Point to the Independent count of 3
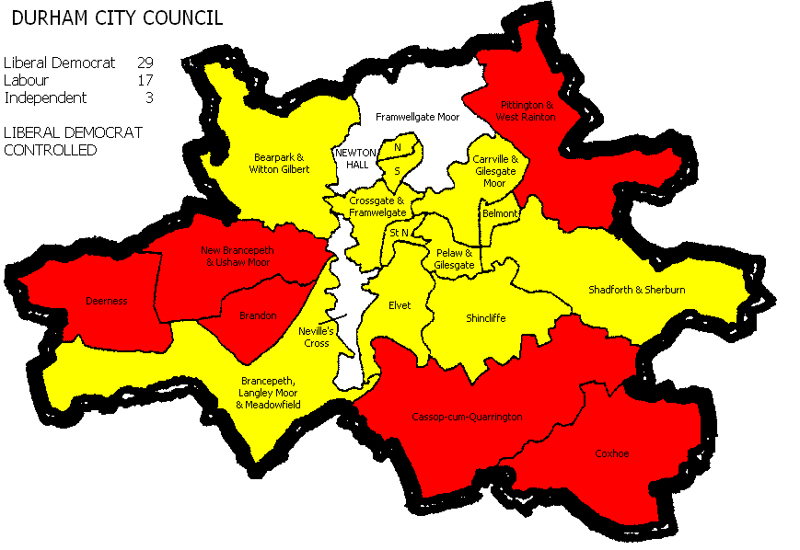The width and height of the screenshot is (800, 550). click(148, 97)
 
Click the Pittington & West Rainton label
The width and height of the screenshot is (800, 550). click(526, 111)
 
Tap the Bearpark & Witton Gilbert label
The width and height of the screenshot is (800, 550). click(281, 163)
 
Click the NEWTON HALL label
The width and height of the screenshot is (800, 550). click(351, 158)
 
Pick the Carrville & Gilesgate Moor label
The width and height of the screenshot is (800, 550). click(495, 171)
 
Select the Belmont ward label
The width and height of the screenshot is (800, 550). click(500, 213)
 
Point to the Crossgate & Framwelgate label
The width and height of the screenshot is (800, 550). click(377, 206)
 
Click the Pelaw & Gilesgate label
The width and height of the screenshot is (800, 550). click(454, 258)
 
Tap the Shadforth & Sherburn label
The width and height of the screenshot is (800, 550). click(637, 290)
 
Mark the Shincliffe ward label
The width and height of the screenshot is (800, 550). click(485, 318)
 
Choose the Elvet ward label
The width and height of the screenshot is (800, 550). click(400, 304)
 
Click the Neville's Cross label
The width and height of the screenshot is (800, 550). click(317, 337)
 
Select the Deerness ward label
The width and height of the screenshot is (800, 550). click(106, 301)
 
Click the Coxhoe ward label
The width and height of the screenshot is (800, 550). click(611, 453)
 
